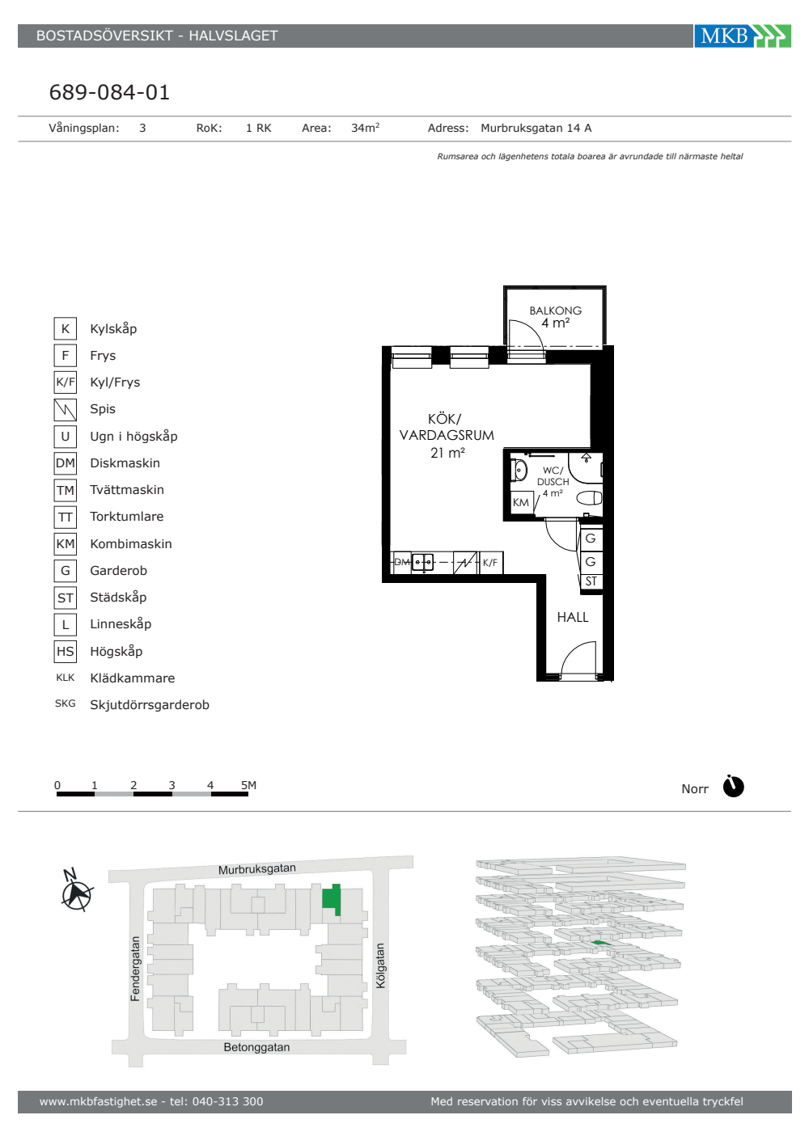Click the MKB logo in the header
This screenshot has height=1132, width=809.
(743, 36)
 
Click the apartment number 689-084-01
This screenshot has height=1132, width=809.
(109, 92)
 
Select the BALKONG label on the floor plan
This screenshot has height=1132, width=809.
(555, 310)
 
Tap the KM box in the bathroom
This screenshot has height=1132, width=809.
(521, 502)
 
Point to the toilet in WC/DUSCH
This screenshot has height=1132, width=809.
(589, 498)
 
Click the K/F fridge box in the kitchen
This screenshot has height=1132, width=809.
(490, 563)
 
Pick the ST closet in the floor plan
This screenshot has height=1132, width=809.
(591, 581)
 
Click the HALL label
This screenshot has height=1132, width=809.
(573, 617)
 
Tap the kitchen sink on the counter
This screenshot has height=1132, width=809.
(422, 562)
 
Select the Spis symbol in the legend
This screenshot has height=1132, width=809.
(66, 409)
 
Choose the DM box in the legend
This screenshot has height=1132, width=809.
(66, 463)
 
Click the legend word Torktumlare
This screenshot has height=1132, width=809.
(127, 517)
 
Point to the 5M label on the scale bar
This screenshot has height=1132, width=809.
(248, 785)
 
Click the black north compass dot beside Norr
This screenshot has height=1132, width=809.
(733, 786)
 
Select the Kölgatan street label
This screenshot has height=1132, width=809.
(380, 965)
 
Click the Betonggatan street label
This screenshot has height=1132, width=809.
(256, 1047)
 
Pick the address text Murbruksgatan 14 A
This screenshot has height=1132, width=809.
(536, 129)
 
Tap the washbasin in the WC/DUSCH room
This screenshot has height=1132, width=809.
(519, 471)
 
